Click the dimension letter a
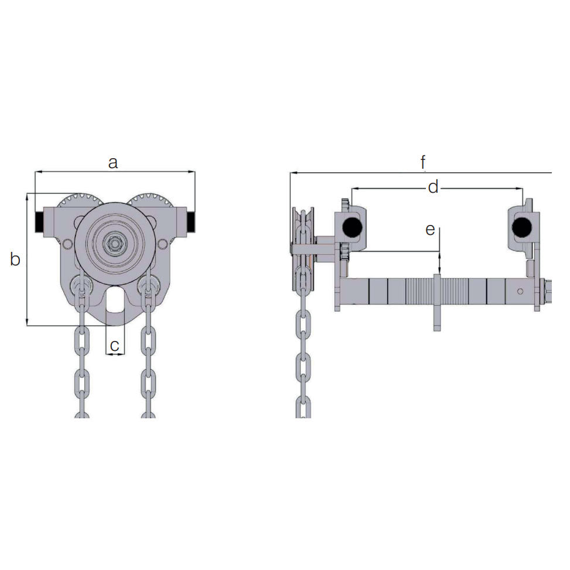[x=113, y=162]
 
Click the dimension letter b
[x=16, y=259]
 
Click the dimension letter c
[x=115, y=346]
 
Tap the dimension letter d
[x=433, y=187]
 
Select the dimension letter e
[x=430, y=230]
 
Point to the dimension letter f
[x=423, y=162]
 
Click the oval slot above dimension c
[x=115, y=300]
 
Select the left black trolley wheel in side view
[x=351, y=227]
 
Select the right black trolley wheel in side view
[x=520, y=227]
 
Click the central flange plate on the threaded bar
[x=436, y=302]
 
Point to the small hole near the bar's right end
[x=520, y=291]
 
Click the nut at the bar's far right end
[x=546, y=291]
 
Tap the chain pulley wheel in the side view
[x=303, y=249]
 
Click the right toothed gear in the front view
[x=151, y=200]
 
